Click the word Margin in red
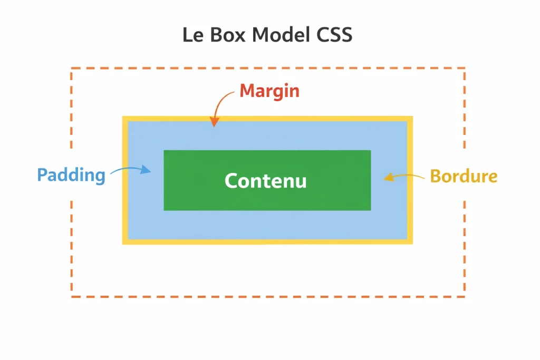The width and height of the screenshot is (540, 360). [269, 91]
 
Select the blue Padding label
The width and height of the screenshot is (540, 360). [71, 175]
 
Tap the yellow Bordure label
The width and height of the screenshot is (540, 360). [464, 176]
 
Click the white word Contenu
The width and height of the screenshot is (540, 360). [265, 181]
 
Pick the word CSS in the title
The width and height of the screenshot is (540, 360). [332, 35]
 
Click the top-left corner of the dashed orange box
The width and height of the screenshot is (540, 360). [72, 69]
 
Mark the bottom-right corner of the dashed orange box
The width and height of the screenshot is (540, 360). [464, 296]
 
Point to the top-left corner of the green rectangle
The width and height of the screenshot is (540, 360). [165, 151]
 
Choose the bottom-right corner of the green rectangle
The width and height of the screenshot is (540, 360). [370, 209]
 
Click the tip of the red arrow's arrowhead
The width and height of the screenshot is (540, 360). [214, 127]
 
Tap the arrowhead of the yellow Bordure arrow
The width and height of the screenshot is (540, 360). [385, 178]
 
